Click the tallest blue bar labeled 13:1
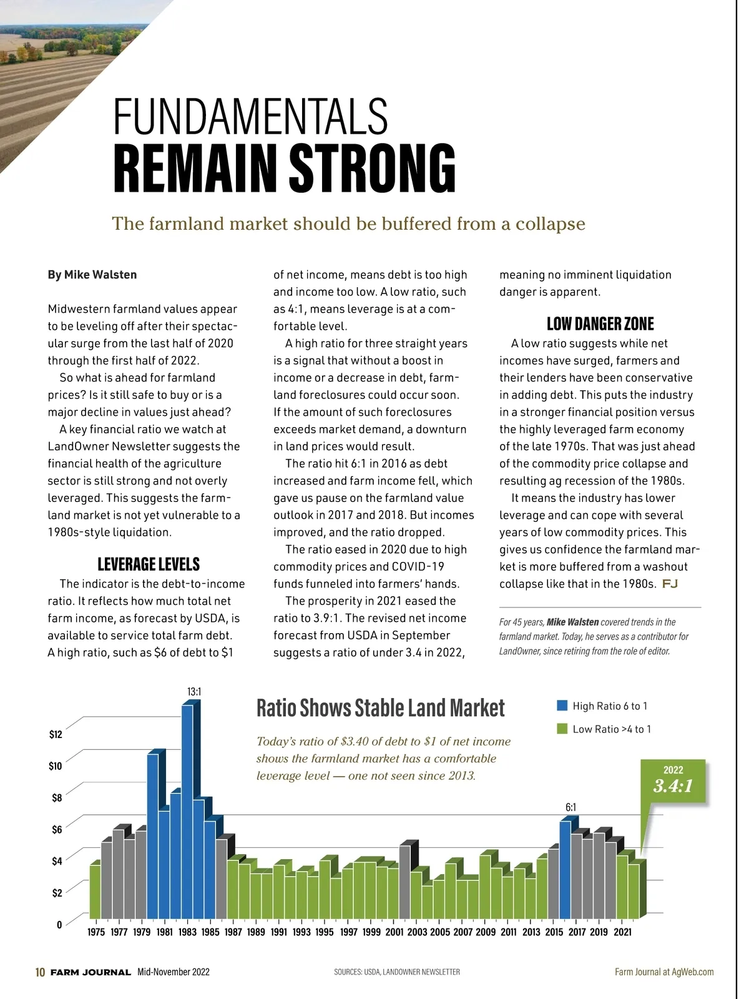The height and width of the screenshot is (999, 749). click(187, 812)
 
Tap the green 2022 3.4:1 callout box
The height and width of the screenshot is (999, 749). click(673, 780)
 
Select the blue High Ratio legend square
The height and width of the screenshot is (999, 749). click(562, 706)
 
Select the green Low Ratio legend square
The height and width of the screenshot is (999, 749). click(562, 729)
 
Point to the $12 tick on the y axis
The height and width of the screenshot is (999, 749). click(56, 734)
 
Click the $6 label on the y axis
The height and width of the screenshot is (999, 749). click(56, 829)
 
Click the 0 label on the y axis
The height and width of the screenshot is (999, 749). click(59, 925)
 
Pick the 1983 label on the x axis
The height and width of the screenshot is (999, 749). click(187, 932)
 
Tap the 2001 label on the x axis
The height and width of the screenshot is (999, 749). click(394, 932)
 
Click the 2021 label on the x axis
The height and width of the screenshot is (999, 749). click(622, 932)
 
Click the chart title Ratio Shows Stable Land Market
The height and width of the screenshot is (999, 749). click(380, 708)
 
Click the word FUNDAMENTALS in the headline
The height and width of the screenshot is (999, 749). click(250, 117)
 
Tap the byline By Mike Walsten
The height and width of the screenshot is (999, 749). click(92, 275)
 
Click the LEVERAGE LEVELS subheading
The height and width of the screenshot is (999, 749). click(149, 564)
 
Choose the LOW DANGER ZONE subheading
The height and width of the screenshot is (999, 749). click(600, 324)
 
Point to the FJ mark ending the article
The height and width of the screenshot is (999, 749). click(670, 584)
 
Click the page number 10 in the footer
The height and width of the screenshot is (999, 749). click(40, 972)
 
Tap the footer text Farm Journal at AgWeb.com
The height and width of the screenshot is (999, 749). click(664, 972)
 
